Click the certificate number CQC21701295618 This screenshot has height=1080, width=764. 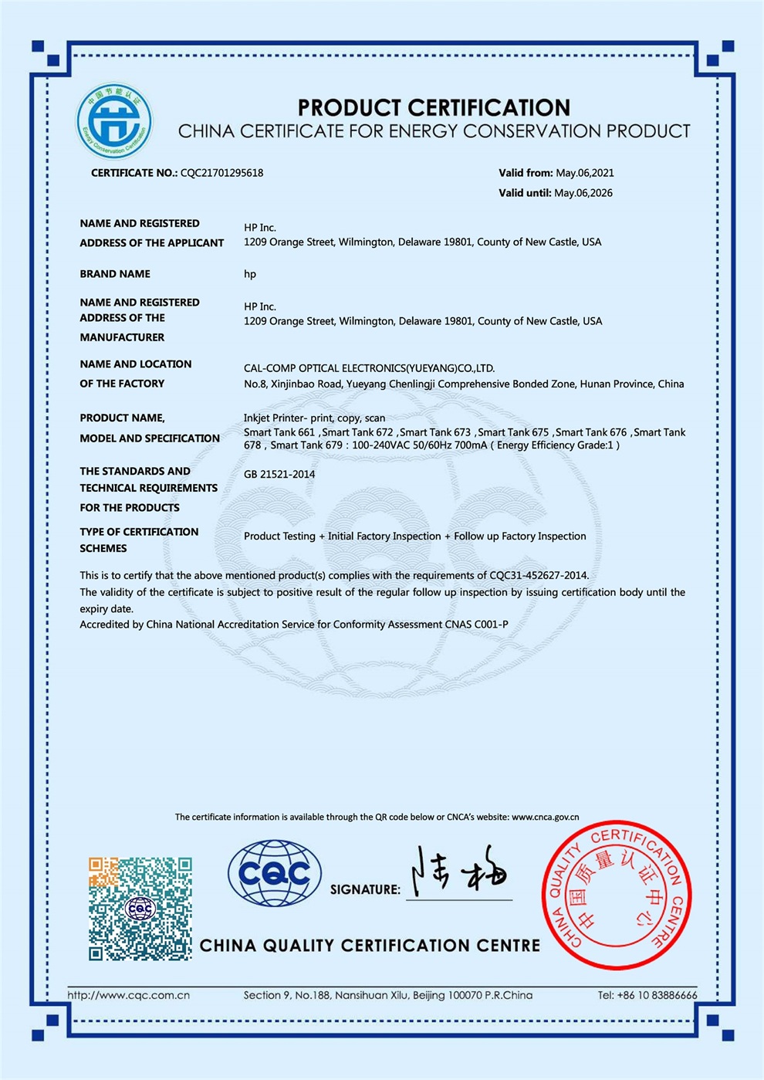(221, 173)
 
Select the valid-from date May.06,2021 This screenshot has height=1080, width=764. (585, 173)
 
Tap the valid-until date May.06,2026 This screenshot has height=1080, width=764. (583, 193)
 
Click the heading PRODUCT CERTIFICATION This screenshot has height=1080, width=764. (434, 107)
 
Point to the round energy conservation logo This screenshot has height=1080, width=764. (114, 121)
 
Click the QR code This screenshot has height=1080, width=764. (140, 908)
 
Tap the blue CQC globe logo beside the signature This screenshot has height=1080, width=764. (274, 873)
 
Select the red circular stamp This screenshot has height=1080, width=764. (617, 894)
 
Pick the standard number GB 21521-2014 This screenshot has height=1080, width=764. (279, 474)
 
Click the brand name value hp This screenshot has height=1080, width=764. (250, 274)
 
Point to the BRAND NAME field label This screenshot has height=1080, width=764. (115, 274)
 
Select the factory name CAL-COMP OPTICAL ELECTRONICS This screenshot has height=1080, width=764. (369, 368)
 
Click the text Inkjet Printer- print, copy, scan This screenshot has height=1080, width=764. (314, 418)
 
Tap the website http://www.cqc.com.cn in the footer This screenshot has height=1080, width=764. (129, 995)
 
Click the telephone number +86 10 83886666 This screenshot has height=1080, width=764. (657, 995)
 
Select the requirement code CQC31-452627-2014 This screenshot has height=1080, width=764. (538, 575)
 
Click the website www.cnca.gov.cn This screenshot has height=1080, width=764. (545, 817)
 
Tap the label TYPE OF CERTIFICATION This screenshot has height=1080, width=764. (139, 532)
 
